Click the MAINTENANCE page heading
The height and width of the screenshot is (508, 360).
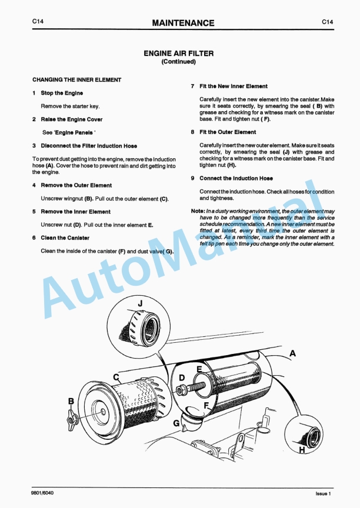(x=183, y=23)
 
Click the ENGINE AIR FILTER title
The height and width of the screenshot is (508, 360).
(x=178, y=53)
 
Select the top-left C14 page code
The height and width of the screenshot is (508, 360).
(x=38, y=22)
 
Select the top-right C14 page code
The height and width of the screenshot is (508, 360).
(x=328, y=22)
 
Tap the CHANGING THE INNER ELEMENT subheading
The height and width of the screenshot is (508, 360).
(x=76, y=79)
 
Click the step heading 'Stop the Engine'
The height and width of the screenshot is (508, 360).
(x=62, y=93)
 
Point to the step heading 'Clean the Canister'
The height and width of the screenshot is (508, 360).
(x=65, y=238)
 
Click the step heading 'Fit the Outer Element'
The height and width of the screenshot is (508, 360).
(x=228, y=132)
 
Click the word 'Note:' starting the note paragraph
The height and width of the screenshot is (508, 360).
(x=198, y=211)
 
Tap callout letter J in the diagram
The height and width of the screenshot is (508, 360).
(x=140, y=303)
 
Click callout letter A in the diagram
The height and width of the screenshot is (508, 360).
(x=292, y=353)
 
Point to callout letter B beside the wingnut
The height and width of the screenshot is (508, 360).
(x=71, y=401)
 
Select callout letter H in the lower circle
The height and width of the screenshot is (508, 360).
(x=302, y=450)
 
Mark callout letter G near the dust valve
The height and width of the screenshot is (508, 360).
(x=176, y=423)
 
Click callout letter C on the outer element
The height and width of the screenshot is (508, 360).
(x=116, y=376)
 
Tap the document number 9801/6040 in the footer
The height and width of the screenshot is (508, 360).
(x=45, y=493)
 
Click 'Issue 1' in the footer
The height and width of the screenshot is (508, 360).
(x=324, y=493)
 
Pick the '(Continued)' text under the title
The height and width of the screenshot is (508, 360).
(x=178, y=62)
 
